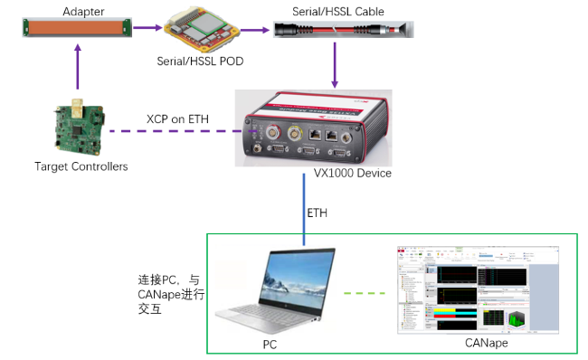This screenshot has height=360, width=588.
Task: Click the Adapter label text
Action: click(x=84, y=10)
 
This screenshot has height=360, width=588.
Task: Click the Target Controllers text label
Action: click(x=81, y=166)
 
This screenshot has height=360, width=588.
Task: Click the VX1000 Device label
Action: click(x=352, y=173)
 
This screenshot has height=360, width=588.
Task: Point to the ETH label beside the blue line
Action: click(x=317, y=214)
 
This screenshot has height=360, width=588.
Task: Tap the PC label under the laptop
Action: click(x=272, y=344)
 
